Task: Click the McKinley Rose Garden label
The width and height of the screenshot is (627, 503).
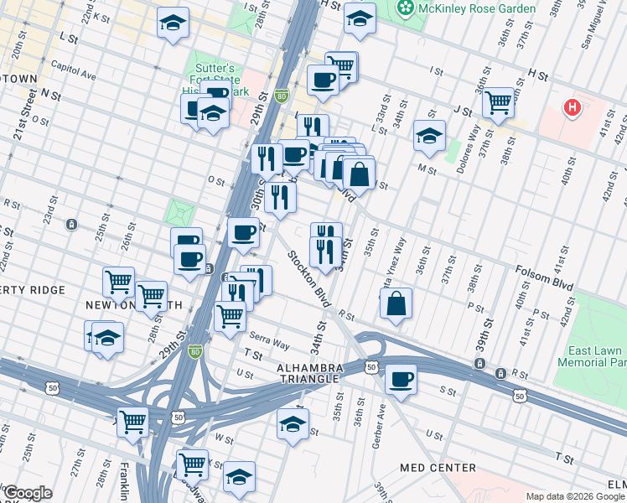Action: pos(479,8)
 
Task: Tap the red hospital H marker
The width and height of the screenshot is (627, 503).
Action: pos(573,107)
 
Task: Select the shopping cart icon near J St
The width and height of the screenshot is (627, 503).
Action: pos(498,103)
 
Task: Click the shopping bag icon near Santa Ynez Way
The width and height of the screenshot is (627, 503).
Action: pos(396,304)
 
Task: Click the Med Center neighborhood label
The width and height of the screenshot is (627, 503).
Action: pos(438,468)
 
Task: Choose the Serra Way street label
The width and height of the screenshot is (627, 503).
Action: pos(269,344)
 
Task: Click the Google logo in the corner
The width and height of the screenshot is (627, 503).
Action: pos(27,493)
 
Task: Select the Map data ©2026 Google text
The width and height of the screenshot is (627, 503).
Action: pos(575,496)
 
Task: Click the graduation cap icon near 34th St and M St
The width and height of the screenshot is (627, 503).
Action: pos(429,136)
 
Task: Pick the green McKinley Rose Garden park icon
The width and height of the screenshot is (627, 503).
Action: pos(406,8)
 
